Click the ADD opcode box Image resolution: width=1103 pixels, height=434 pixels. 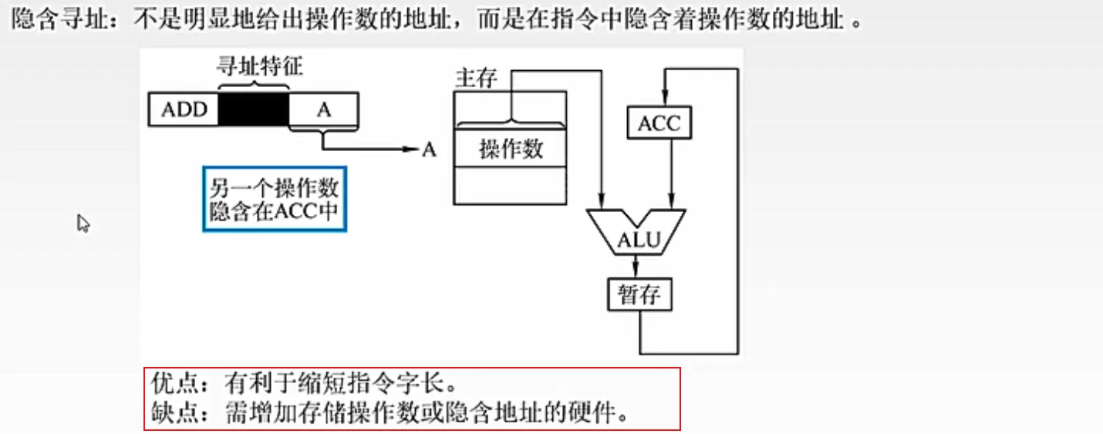click(184, 109)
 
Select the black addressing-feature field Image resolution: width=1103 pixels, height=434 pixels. click(254, 109)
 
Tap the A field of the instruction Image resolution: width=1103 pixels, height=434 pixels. click(324, 109)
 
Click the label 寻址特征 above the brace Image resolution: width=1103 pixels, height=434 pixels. click(258, 66)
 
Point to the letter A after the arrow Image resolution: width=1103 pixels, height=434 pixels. click(429, 150)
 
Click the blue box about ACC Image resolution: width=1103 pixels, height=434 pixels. click(274, 199)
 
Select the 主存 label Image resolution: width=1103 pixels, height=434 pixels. click(476, 79)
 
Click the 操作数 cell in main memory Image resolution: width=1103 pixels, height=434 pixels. click(511, 148)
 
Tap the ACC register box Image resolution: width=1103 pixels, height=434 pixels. click(659, 123)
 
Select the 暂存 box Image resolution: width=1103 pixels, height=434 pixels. click(639, 294)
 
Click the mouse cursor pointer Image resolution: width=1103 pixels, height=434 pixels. click(83, 224)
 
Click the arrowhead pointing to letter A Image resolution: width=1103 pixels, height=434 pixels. click(412, 150)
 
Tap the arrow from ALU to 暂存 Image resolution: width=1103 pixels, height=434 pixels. click(636, 266)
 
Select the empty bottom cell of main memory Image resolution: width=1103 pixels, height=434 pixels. click(510, 185)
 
